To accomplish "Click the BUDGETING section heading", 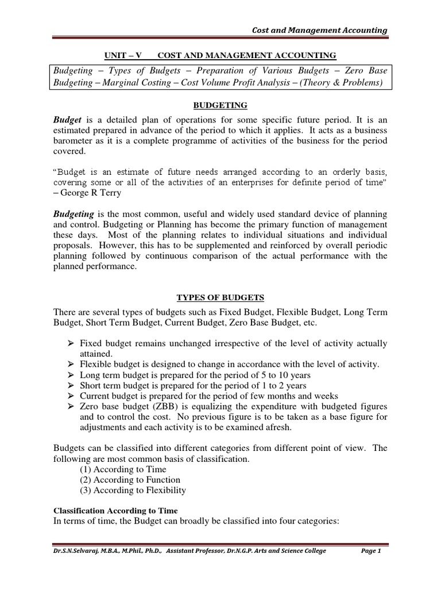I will coord(220,105).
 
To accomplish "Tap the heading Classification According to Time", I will coord(115,510).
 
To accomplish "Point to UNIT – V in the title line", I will coord(122,55).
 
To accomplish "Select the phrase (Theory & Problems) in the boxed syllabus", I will coord(341,83).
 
